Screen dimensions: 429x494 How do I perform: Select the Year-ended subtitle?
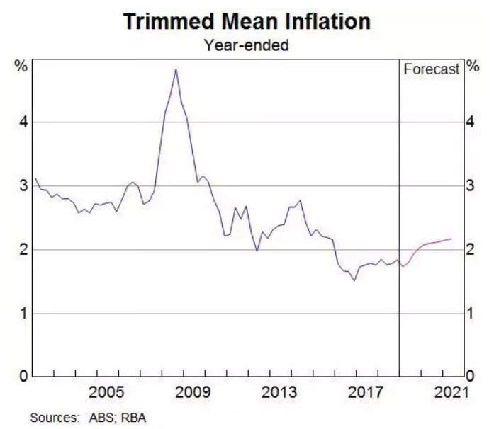point(246,45)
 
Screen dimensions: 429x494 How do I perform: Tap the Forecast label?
point(431,69)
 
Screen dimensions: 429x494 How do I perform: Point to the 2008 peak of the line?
point(176,69)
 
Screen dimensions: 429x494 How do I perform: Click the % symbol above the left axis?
point(22,67)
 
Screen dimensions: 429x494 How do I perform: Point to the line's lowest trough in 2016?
point(354,280)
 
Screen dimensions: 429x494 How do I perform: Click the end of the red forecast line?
point(451,239)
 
